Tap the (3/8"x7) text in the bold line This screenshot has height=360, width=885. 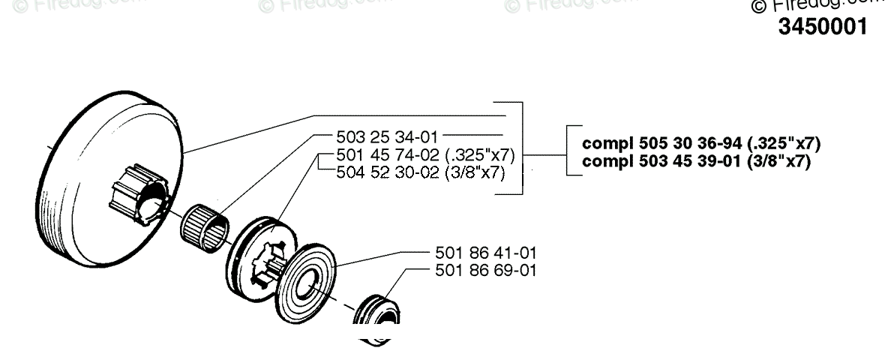coord(780,160)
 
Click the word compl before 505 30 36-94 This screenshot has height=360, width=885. coord(604,142)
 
